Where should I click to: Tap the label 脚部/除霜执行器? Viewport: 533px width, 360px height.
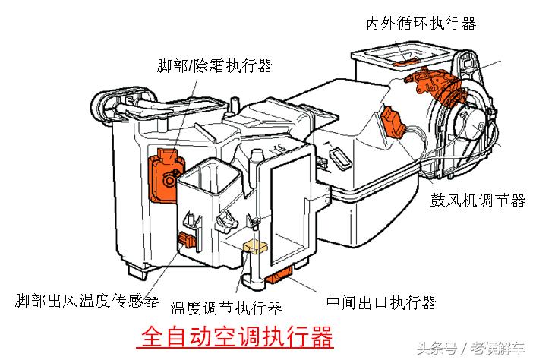pyautogui.click(x=214, y=66)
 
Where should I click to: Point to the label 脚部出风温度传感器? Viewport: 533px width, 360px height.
pyautogui.click(x=86, y=302)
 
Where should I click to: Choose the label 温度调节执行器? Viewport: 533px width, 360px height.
pyautogui.click(x=226, y=308)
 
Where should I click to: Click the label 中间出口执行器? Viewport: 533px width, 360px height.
pyautogui.click(x=381, y=302)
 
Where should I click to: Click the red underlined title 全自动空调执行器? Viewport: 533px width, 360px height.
pyautogui.click(x=237, y=335)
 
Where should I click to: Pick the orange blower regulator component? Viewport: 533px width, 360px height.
pyautogui.click(x=395, y=123)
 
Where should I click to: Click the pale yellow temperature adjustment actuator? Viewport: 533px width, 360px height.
pyautogui.click(x=252, y=247)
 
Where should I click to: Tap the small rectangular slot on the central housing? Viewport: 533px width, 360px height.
pyautogui.click(x=338, y=159)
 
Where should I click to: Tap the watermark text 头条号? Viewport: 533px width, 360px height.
pyautogui.click(x=438, y=349)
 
